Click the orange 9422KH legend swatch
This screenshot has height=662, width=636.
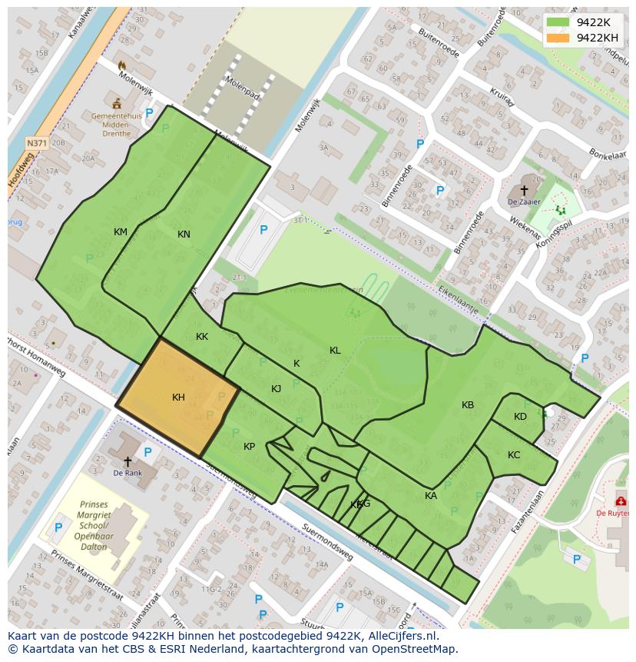point(558,38)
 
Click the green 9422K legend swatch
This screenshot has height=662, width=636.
point(558,23)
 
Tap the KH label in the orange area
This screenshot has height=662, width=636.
point(178,398)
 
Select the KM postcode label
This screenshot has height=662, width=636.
point(121,232)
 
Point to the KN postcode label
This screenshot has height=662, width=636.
point(184,235)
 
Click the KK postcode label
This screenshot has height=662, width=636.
point(202,337)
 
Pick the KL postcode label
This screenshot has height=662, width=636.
point(335,351)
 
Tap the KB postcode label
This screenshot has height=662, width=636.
point(468,405)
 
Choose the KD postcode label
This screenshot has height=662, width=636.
point(520,417)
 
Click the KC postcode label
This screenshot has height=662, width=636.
point(514,455)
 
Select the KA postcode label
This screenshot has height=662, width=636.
point(431,496)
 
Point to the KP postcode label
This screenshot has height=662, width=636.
point(249,447)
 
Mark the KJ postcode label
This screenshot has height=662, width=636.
point(276,389)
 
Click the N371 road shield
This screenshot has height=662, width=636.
point(35,143)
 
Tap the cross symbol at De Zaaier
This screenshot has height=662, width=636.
point(524,189)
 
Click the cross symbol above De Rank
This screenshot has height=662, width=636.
point(128,461)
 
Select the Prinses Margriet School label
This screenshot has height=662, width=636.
point(93,525)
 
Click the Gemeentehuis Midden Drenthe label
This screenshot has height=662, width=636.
point(116,123)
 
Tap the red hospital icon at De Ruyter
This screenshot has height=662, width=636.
point(620,501)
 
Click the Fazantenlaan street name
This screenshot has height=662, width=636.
point(528,514)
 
